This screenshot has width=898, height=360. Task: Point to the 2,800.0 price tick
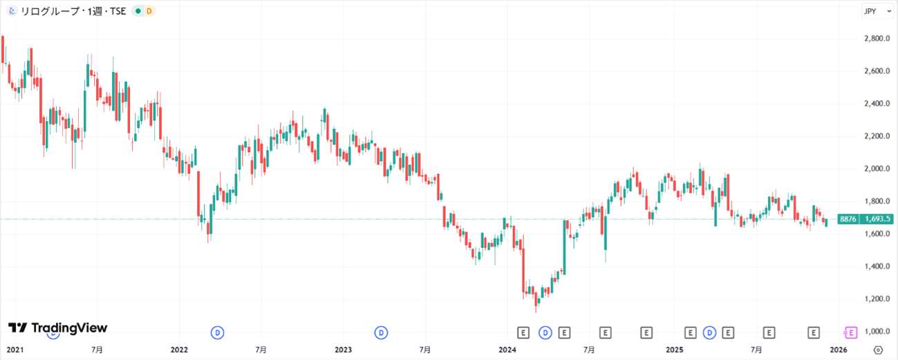pyautogui.click(x=877, y=39)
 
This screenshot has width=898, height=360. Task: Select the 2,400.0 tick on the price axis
pyautogui.click(x=877, y=104)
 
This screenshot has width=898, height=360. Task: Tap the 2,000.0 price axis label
pyautogui.click(x=877, y=169)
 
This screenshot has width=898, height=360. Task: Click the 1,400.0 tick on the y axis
pyautogui.click(x=877, y=266)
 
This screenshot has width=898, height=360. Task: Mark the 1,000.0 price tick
pyautogui.click(x=877, y=332)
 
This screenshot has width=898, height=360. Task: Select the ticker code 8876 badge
pyautogui.click(x=848, y=219)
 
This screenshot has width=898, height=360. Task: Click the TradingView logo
pyautogui.click(x=57, y=328)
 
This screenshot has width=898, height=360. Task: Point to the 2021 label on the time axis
pyautogui.click(x=14, y=350)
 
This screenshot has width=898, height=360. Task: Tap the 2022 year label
pyautogui.click(x=179, y=350)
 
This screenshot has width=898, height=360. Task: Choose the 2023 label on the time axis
pyautogui.click(x=344, y=350)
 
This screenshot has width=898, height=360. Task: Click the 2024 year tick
pyautogui.click(x=508, y=350)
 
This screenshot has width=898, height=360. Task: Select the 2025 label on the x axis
pyautogui.click(x=675, y=350)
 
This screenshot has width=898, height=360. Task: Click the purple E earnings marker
pyautogui.click(x=851, y=332)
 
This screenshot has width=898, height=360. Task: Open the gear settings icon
pyautogui.click(x=878, y=350)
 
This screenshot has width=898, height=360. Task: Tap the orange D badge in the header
pyautogui.click(x=149, y=11)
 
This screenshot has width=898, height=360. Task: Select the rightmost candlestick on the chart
pyautogui.click(x=825, y=222)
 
